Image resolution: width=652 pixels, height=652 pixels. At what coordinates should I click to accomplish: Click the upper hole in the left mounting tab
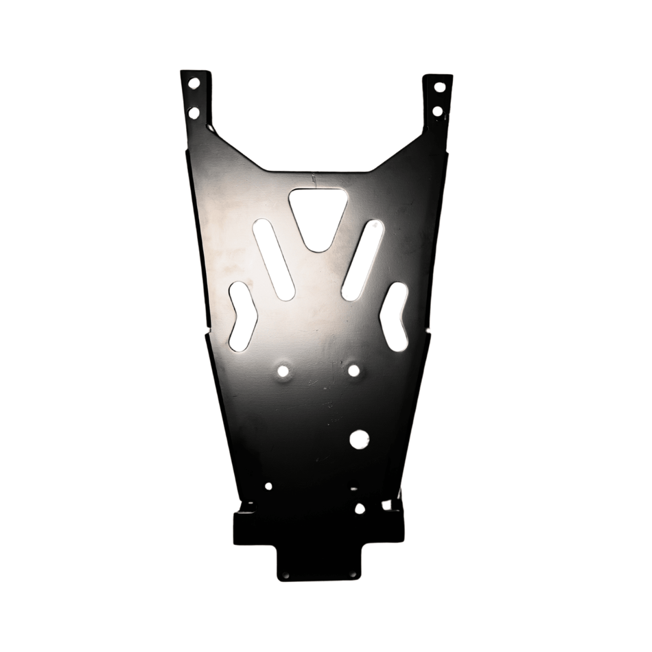point(194,83)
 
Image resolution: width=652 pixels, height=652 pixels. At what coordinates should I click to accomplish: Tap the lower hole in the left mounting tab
point(194,113)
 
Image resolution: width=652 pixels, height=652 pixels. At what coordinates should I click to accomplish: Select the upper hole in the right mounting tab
point(439,87)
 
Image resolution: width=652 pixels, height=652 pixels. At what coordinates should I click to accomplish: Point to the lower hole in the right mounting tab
point(438,111)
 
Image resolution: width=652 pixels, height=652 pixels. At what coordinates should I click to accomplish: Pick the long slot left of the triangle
point(274,259)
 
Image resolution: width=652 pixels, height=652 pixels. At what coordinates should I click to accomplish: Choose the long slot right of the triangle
point(363,259)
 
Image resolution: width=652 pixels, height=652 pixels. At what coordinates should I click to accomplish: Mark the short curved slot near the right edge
point(394,316)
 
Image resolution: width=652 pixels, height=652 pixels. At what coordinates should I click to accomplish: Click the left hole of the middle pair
point(283,371)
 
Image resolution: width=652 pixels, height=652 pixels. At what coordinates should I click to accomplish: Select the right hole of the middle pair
point(353,371)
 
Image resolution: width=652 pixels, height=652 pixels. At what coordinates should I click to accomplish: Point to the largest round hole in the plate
point(359,439)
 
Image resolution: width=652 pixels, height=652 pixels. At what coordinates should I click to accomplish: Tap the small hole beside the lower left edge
point(268,486)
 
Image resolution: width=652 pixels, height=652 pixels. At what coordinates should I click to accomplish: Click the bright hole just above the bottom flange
point(360,509)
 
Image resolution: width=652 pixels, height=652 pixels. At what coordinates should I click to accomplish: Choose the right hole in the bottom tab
point(353,574)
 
